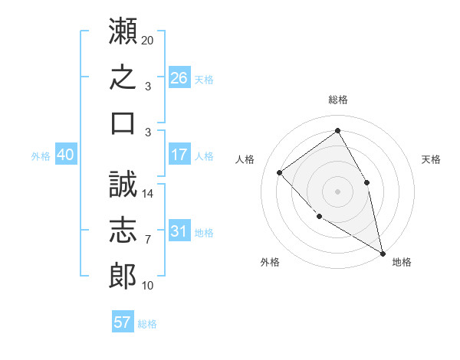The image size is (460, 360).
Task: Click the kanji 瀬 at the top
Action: coord(123,31)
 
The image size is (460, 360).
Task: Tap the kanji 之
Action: coord(123,77)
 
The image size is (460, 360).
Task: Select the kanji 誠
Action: coord(123,184)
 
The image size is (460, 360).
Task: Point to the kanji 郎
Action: coord(123,276)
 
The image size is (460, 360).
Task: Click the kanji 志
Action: coord(123,230)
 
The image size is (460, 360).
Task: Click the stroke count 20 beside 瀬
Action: coord(147,41)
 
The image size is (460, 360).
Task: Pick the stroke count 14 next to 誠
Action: coord(147,194)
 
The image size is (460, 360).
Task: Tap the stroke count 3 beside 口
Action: coord(148,133)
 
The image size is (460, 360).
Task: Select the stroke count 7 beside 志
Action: coord(148,240)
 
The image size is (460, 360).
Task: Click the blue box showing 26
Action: coord(179,77)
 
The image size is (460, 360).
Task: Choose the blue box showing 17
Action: coord(179,154)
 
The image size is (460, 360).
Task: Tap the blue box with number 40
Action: coord(66,154)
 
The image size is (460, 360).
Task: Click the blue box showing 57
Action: coord(123,321)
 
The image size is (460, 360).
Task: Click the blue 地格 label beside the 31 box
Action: coord(204,233)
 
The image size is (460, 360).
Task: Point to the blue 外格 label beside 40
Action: coord(41,156)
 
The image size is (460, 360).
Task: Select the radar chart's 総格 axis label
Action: coord(338,100)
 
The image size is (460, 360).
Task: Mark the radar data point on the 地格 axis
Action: coord(383,254)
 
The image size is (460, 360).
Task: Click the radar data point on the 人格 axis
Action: coord(280,172)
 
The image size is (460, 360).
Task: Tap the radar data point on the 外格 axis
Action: coord(320,217)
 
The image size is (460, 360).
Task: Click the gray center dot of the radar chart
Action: coord(337,191)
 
